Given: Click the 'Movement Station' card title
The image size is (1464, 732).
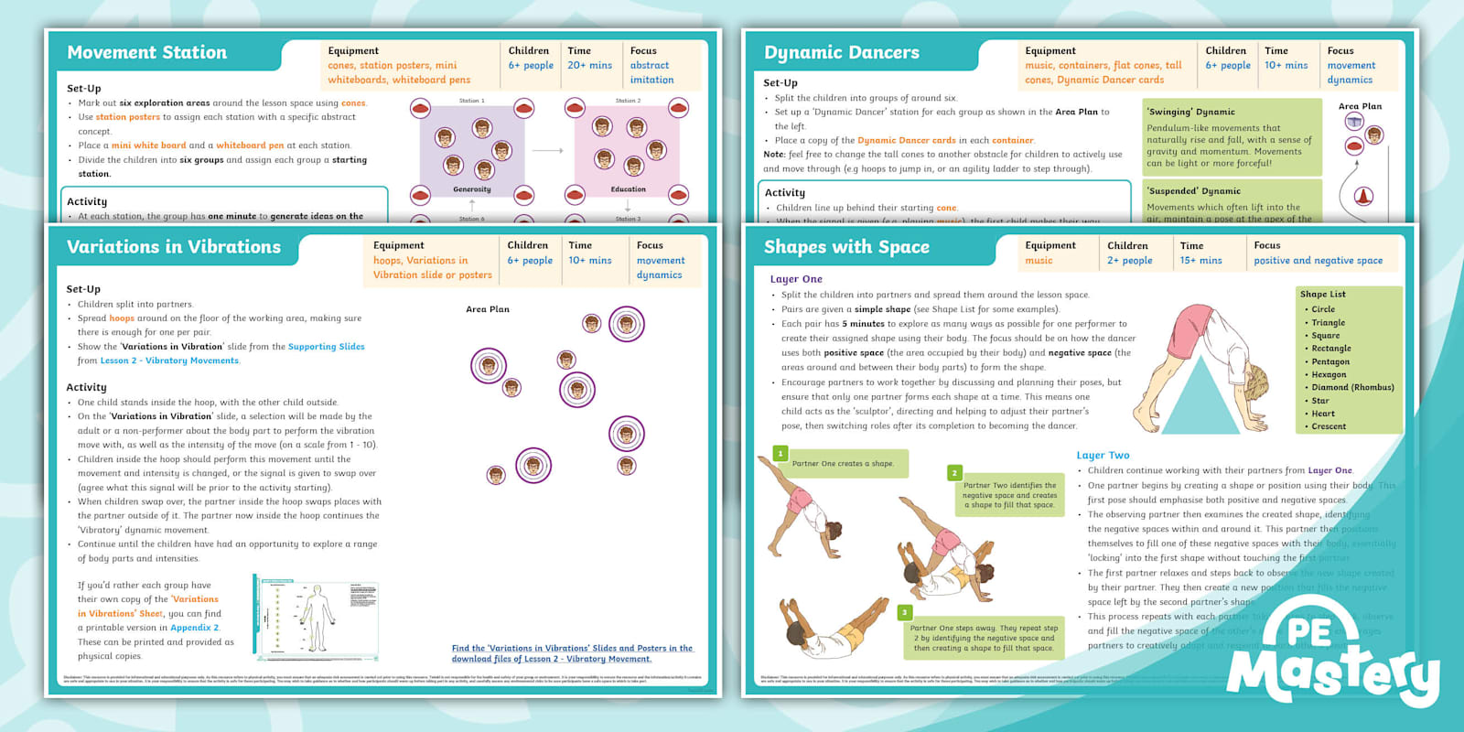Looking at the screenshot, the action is [146, 53].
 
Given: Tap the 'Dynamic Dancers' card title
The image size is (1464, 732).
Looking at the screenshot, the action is [841, 53].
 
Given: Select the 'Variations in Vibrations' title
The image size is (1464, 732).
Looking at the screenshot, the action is [174, 247].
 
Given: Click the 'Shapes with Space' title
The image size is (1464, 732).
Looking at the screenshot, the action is [846, 247].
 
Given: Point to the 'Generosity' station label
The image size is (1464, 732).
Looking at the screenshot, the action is [472, 189].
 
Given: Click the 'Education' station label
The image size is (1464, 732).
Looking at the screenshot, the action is [628, 189].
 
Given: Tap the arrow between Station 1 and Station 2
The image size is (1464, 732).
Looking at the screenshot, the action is [547, 151].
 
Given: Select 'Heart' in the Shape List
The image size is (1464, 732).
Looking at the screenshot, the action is [1323, 414].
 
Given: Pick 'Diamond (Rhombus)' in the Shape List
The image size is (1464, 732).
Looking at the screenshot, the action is [1352, 387].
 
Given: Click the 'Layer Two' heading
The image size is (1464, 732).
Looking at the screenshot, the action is [1103, 455].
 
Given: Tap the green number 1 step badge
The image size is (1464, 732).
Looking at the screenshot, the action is [780, 453].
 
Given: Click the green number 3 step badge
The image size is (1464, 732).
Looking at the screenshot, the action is [904, 612].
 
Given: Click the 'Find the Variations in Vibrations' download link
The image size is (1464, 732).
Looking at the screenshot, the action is [572, 653].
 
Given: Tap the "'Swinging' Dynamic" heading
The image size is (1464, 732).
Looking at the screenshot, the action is [1190, 112].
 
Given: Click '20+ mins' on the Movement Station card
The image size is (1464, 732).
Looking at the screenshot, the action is [589, 66].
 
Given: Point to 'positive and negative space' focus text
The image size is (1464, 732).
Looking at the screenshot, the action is [1318, 261].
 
